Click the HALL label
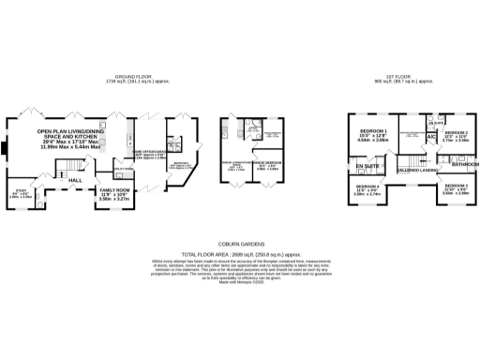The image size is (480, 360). (x=75, y=181)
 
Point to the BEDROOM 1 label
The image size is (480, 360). (x=372, y=130)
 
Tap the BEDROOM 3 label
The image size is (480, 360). (x=456, y=186)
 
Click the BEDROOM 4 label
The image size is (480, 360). (x=367, y=186)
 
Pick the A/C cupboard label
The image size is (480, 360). (x=430, y=138)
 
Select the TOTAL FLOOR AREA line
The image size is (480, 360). (x=239, y=254)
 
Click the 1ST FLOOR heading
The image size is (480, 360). (x=406, y=77)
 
